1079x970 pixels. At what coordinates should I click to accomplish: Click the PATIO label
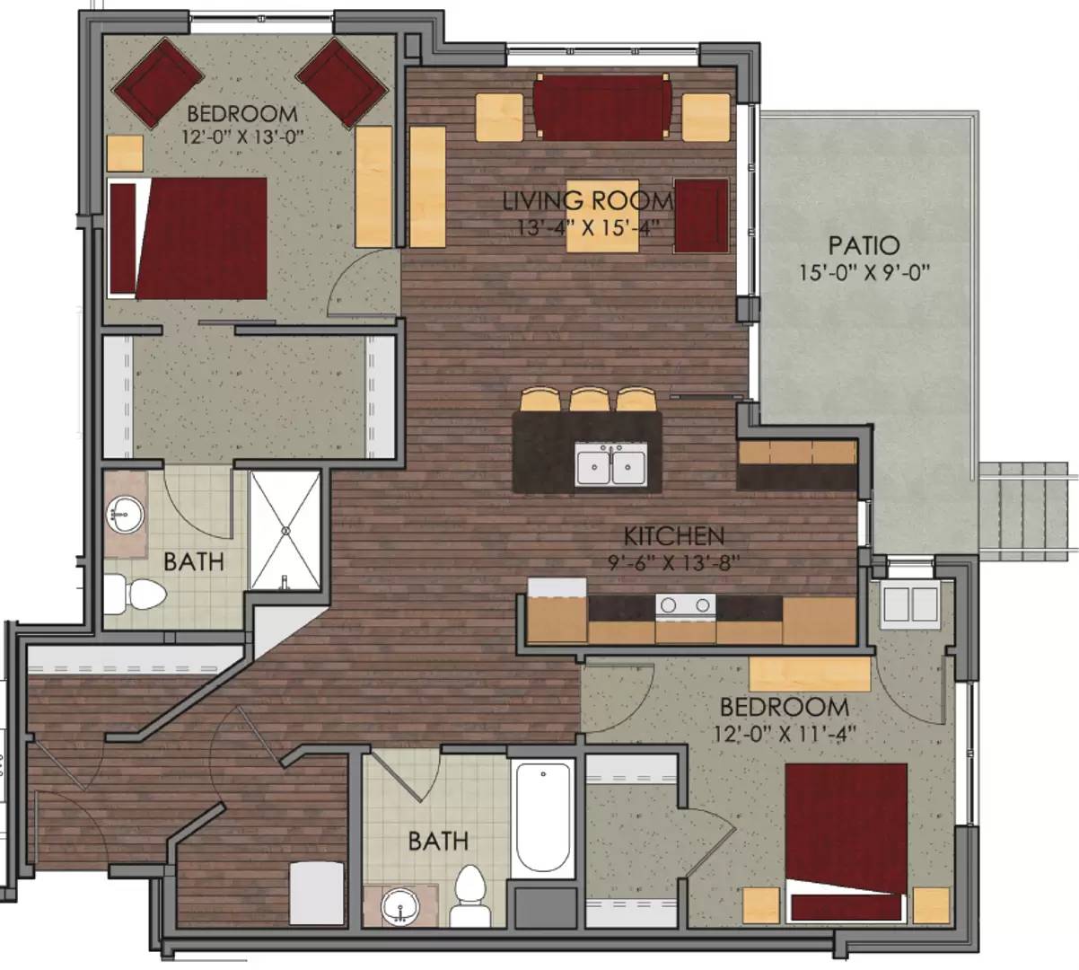pyautogui.click(x=864, y=245)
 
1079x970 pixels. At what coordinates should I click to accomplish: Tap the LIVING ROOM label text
pyautogui.click(x=587, y=201)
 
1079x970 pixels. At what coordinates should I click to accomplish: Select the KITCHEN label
pyautogui.click(x=674, y=537)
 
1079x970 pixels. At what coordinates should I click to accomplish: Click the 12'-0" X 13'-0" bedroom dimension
pyautogui.click(x=241, y=137)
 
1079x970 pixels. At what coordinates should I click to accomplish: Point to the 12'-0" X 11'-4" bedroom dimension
pyautogui.click(x=782, y=732)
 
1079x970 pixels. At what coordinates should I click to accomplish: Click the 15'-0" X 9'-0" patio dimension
pyautogui.click(x=864, y=271)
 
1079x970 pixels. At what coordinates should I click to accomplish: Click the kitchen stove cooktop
pyautogui.click(x=685, y=605)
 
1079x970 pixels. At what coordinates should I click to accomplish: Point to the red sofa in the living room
pyautogui.click(x=601, y=106)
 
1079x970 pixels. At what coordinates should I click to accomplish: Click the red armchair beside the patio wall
pyautogui.click(x=700, y=216)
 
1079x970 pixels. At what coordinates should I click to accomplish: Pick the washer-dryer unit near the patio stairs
pyautogui.click(x=909, y=604)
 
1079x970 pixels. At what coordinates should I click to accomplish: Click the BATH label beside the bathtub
pyautogui.click(x=438, y=841)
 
